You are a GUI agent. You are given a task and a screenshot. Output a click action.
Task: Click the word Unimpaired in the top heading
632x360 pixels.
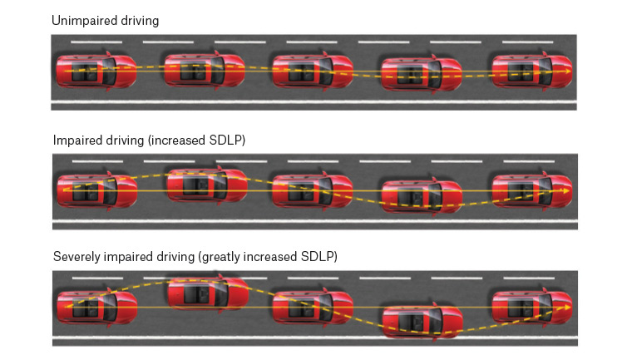click(81, 20)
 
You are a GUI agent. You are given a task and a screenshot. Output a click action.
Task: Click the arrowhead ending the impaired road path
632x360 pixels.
click(568, 191)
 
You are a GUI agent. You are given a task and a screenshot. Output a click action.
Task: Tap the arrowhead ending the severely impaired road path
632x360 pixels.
click(568, 308)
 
